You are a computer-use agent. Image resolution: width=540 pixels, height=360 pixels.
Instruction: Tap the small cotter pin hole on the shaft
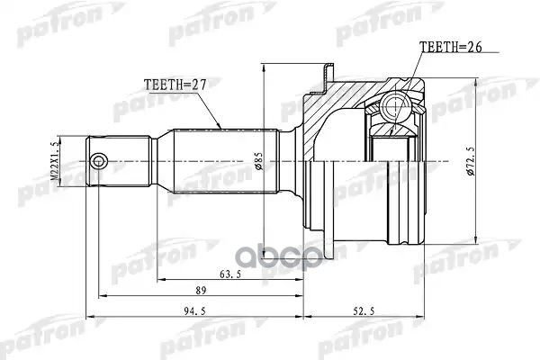pyautogui.click(x=100, y=162)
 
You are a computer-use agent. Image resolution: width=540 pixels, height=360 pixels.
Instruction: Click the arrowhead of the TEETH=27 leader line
pyautogui.click(x=219, y=125)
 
